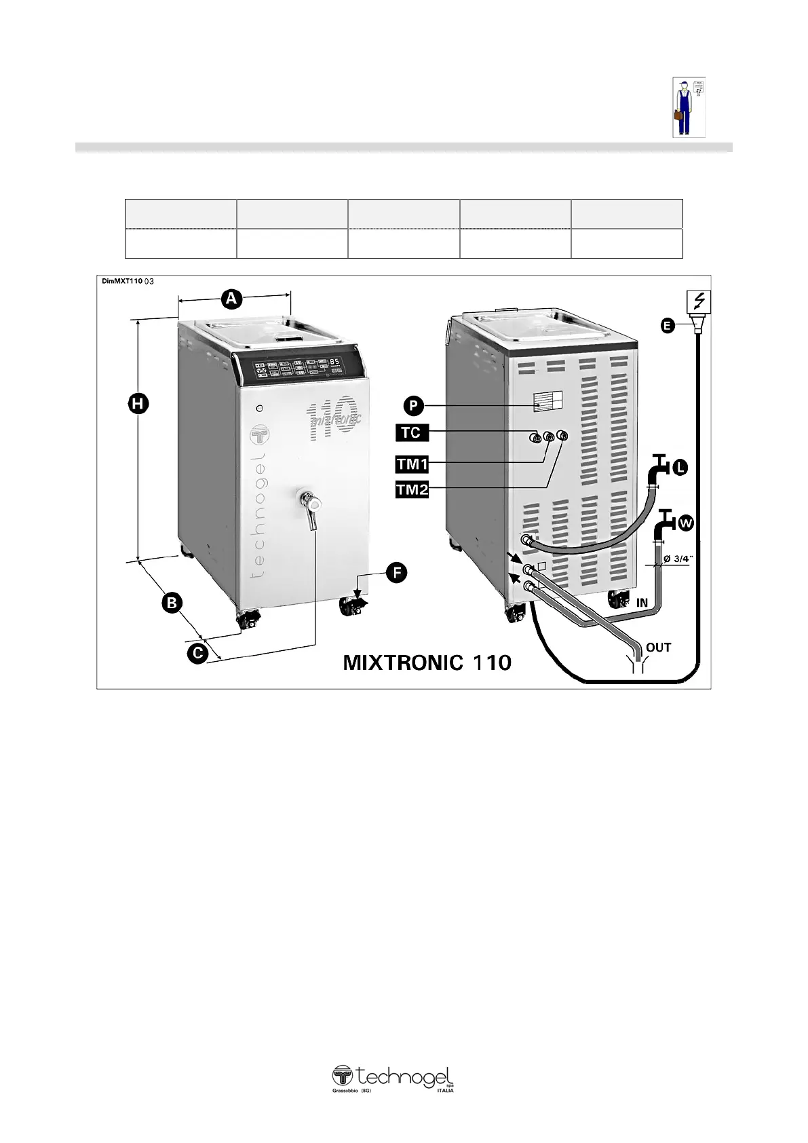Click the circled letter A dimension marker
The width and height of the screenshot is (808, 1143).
tap(231, 298)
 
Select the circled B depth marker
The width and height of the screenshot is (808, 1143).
tap(172, 602)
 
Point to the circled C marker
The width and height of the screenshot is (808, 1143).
tap(197, 654)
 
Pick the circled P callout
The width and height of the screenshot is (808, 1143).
tap(413, 406)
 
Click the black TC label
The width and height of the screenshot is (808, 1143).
tap(411, 432)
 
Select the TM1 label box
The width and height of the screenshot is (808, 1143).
tap(412, 464)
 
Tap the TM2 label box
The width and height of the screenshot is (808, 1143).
tap(412, 489)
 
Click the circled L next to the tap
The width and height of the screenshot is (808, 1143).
tap(680, 467)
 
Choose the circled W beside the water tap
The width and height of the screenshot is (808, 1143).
tap(687, 523)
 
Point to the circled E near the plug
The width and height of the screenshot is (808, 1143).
tap(668, 326)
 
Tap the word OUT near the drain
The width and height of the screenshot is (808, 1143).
tap(658, 648)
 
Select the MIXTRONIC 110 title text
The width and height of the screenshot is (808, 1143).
tap(427, 662)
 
